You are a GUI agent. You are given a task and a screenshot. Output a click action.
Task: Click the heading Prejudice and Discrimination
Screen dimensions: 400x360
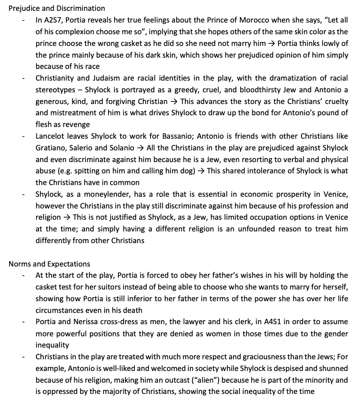tap(57, 8)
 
